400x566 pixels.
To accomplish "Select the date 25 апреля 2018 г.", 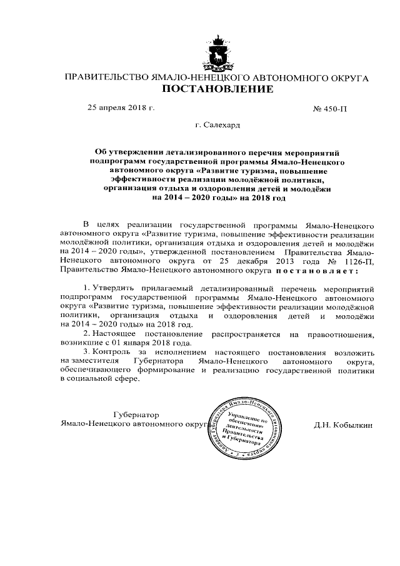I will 121,108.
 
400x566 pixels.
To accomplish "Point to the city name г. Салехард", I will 217,125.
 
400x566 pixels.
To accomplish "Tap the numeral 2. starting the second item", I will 86,335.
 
